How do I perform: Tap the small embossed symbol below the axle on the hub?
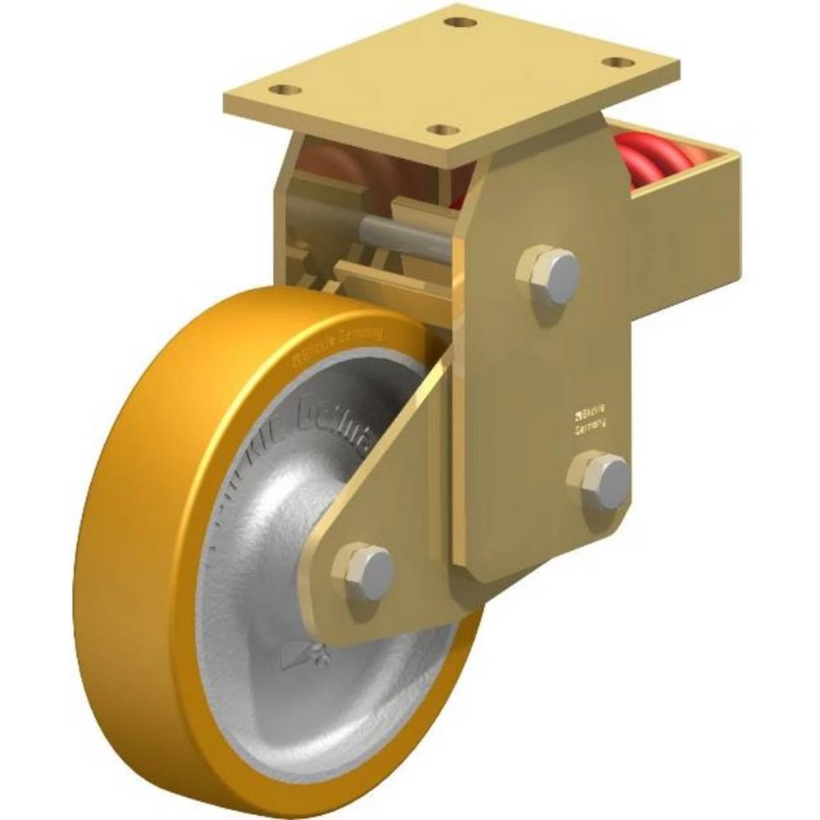305,655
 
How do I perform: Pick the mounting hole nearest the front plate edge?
444,130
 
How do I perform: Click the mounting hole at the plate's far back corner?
462,22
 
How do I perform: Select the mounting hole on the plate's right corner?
617,62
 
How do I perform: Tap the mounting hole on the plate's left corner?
285,89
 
